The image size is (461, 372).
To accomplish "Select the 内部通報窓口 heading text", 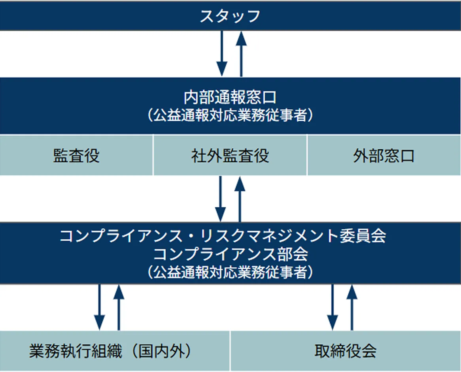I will (x=230, y=97).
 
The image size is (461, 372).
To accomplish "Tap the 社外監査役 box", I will (x=230, y=156).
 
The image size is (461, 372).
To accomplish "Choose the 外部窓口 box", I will (x=384, y=156).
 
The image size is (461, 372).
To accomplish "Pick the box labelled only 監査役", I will (x=76, y=156).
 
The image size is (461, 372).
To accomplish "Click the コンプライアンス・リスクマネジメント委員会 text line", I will (x=223, y=236).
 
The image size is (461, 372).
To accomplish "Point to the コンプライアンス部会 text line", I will (x=230, y=254).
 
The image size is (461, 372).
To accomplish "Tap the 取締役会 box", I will (x=346, y=351).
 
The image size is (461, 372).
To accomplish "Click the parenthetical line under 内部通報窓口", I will (x=230, y=116).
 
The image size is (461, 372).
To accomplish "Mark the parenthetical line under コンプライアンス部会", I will (x=230, y=272).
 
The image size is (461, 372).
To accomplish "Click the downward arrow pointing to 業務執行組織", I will (x=100, y=307).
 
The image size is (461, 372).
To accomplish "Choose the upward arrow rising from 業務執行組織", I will (x=119, y=307).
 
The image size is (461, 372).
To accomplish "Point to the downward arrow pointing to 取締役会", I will (x=333, y=307).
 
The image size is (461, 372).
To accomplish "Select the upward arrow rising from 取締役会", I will (x=352, y=307).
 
